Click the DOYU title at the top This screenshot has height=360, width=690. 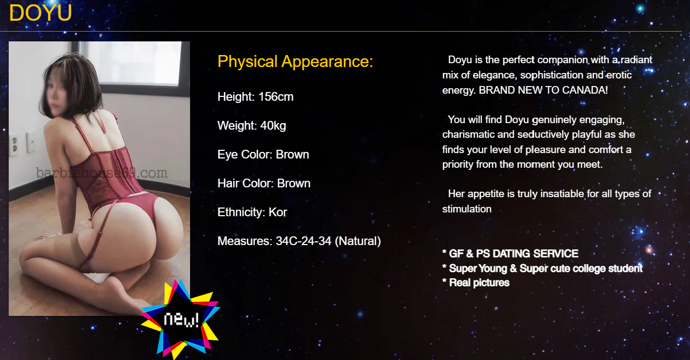(40, 13)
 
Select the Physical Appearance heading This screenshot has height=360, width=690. (295, 62)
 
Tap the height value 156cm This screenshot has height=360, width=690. (276, 97)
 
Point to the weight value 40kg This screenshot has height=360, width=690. (273, 126)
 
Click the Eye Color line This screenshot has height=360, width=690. (263, 154)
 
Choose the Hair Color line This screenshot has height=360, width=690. (264, 183)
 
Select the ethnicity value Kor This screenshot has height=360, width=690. (278, 212)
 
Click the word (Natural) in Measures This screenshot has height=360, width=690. (358, 241)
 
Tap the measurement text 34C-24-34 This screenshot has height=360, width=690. (303, 241)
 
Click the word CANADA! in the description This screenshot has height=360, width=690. (585, 90)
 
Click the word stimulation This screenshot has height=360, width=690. (467, 209)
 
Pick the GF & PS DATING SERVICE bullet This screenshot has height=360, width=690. (510, 253)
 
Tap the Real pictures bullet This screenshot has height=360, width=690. (476, 283)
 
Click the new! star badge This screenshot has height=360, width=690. (181, 319)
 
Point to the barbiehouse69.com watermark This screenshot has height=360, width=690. (102, 173)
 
